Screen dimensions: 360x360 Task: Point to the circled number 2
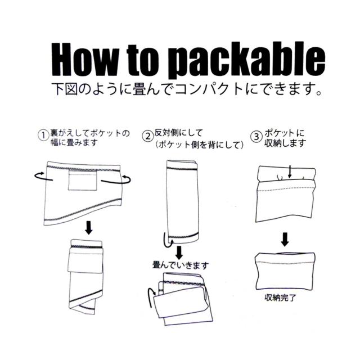tap(147, 136)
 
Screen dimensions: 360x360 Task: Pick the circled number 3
tap(256, 136)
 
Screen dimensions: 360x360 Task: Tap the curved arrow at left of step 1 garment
tap(40, 177)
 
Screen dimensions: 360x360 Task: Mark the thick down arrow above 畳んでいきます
tap(178, 250)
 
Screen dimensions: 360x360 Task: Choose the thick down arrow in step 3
tap(286, 238)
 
